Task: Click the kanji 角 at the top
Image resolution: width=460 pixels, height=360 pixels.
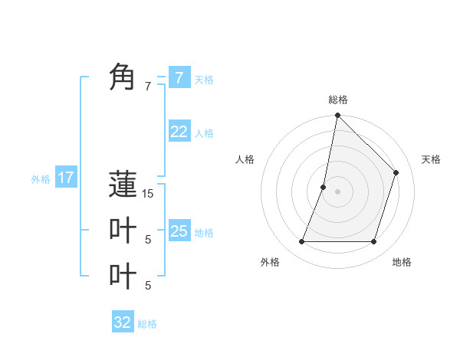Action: pos(123,77)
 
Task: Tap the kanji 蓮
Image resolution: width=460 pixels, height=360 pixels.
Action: pos(123,185)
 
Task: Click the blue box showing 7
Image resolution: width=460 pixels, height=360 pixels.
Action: pos(179,77)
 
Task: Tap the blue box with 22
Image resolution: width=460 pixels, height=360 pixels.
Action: pos(179,132)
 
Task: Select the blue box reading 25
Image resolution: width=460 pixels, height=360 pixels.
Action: pos(179,231)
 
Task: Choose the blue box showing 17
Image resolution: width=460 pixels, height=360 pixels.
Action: pos(65,178)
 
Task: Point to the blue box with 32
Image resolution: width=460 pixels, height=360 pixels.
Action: pos(123,322)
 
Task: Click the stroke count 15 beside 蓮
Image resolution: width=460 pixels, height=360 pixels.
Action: pos(148,194)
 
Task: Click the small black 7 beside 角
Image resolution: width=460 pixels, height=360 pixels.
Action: pos(148,87)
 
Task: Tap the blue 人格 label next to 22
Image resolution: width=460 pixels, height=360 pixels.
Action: pos(204,133)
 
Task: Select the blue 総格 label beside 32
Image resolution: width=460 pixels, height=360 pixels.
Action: pos(147,324)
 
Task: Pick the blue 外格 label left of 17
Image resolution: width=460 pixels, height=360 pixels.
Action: pos(41,179)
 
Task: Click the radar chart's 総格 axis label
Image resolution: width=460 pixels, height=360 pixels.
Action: pos(338,100)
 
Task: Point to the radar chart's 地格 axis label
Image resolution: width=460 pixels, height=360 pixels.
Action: pos(402,262)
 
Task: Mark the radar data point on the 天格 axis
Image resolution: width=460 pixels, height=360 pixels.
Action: pos(396,172)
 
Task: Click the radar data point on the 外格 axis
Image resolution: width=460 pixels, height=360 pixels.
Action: pos(301,242)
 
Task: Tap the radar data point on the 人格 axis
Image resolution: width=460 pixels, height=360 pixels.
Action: pos(324,187)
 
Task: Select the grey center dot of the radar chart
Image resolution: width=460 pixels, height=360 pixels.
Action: pos(337,191)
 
